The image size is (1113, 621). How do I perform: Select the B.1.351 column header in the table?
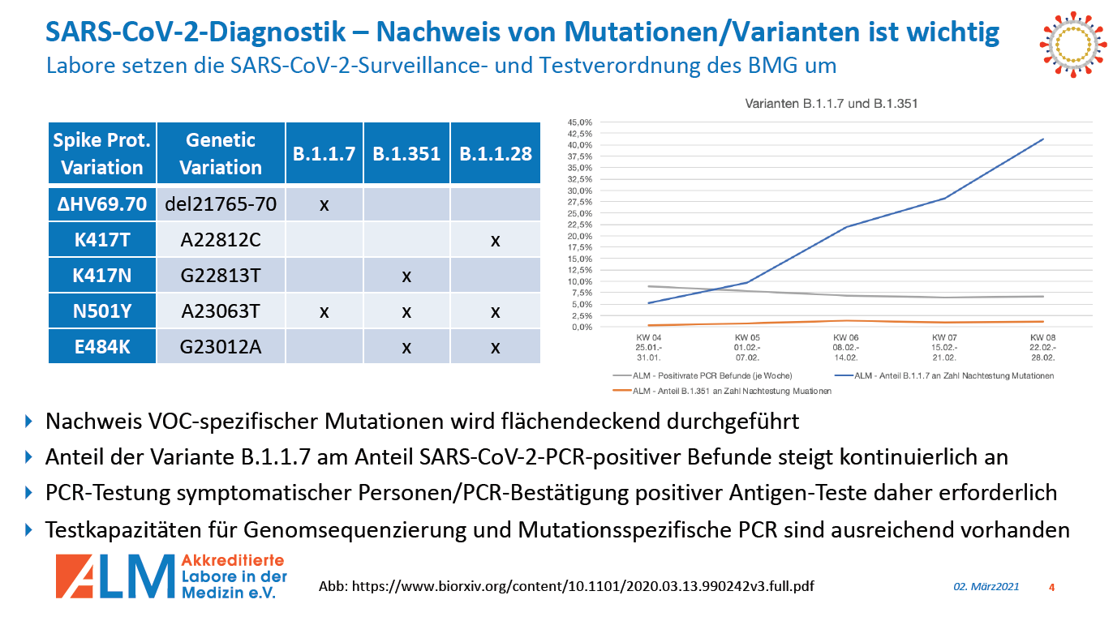point(406,153)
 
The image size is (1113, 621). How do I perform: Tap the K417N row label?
point(102,276)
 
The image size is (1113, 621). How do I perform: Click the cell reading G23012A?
point(221,347)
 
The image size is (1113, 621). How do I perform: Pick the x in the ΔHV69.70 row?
point(324,204)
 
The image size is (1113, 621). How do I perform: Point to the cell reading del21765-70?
point(221,204)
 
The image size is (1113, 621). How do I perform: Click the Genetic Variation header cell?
point(221,153)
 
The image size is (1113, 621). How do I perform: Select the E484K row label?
point(102,347)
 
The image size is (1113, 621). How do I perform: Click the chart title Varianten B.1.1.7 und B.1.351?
point(832,104)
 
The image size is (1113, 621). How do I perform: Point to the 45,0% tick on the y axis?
point(580,122)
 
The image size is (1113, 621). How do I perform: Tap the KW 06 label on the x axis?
point(846,336)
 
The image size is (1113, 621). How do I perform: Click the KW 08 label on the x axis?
point(1042,336)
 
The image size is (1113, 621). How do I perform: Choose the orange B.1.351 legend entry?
point(730,391)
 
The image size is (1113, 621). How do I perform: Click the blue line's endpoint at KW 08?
point(1042,139)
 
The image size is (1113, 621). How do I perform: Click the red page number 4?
point(1051,587)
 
